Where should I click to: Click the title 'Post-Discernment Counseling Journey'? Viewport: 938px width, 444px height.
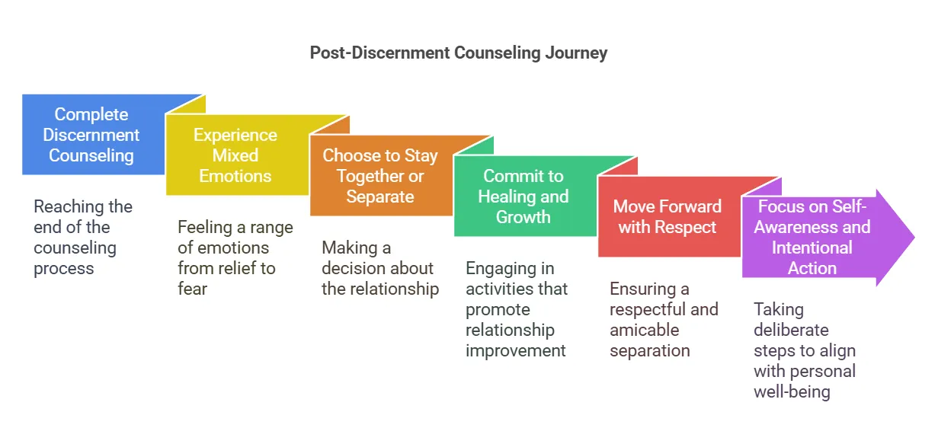(458, 53)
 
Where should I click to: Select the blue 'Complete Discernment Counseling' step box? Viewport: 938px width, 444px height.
(91, 135)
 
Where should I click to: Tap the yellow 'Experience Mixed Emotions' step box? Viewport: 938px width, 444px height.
(235, 155)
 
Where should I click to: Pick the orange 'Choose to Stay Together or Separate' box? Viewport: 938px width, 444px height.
(379, 176)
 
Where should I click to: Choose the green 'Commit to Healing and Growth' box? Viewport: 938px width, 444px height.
(523, 196)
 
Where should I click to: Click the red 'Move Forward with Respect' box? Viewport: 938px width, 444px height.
(667, 217)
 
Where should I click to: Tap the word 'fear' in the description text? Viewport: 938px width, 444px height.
(192, 289)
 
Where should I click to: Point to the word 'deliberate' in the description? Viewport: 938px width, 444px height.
(791, 330)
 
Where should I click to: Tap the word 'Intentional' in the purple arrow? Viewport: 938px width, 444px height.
(812, 248)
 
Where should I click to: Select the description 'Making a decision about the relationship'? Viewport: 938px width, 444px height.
(379, 268)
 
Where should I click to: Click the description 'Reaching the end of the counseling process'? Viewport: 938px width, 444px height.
(83, 238)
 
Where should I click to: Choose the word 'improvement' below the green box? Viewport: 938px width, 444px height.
(515, 350)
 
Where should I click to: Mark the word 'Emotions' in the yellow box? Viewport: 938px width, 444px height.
(235, 176)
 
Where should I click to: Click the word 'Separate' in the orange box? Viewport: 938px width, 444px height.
(379, 196)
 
